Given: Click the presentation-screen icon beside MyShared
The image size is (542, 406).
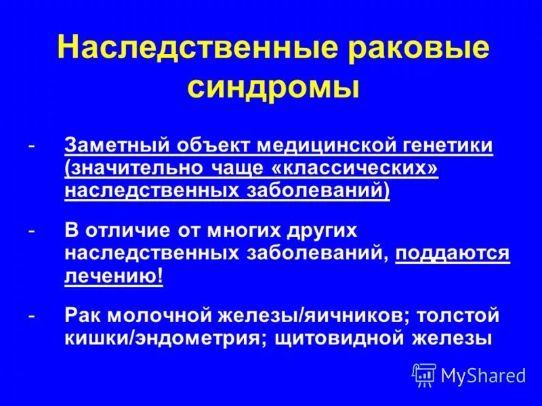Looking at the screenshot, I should tap(424, 374).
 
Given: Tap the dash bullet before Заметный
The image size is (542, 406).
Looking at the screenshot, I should tap(32, 145).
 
